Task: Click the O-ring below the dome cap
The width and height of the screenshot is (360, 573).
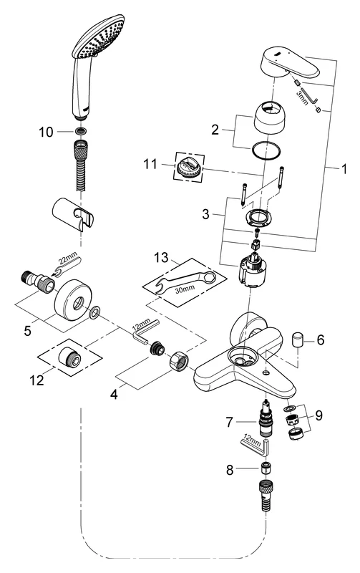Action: pyautogui.click(x=266, y=151)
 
